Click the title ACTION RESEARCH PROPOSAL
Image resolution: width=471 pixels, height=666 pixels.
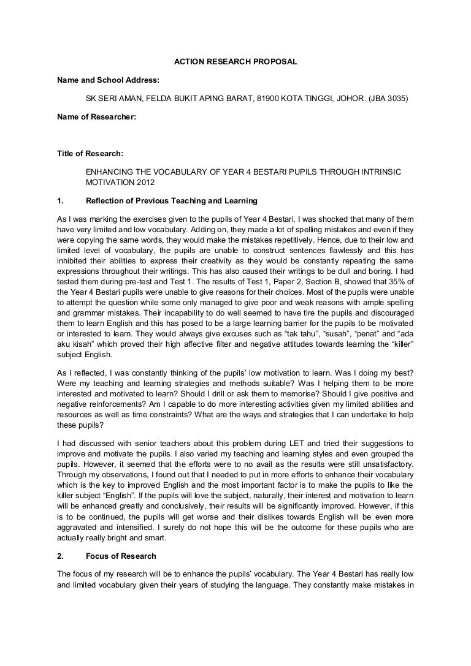point(235,62)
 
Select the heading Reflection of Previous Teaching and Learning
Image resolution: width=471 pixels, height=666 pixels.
point(172,201)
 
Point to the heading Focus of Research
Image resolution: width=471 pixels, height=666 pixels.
point(121,556)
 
